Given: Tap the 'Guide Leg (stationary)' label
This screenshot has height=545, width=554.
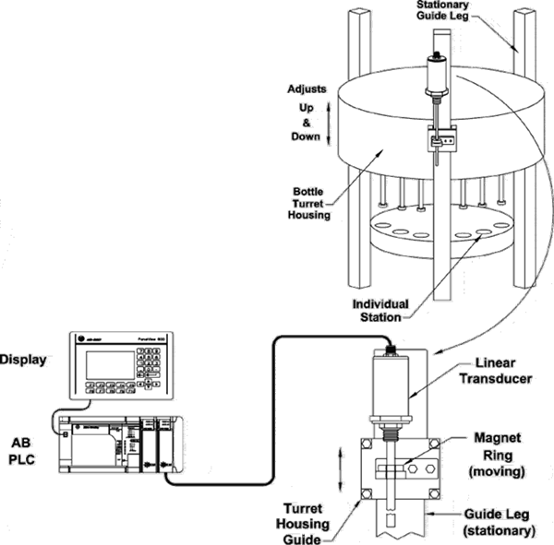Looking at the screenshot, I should [x=498, y=523].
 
